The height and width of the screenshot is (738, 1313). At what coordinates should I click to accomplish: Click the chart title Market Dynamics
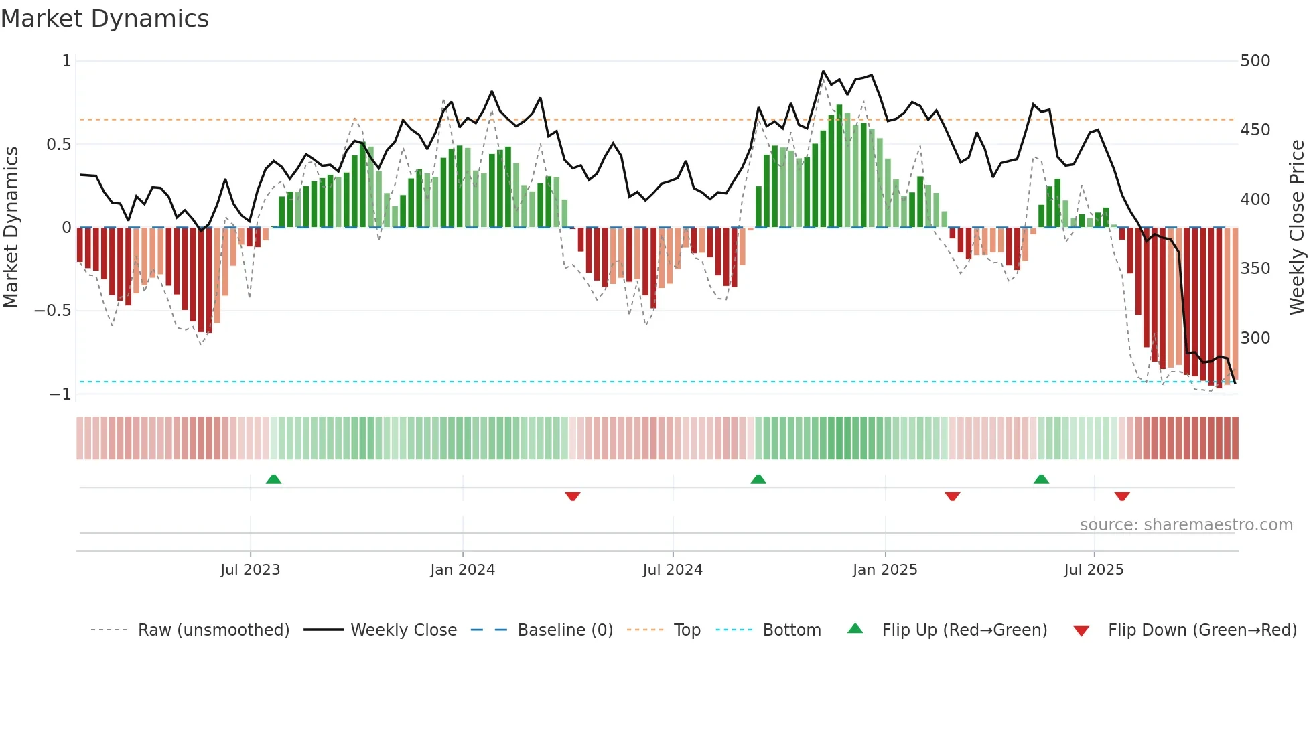105,19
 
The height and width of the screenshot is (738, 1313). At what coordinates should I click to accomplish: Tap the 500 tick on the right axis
1255,61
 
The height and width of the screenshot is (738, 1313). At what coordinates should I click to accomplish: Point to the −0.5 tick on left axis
52,311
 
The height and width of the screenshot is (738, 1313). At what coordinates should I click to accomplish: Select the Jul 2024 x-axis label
673,570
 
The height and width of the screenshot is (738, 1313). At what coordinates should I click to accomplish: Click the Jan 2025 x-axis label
884,570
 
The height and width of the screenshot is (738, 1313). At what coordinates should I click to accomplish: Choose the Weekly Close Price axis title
1297,228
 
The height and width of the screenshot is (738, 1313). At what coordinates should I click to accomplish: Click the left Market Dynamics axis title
11,228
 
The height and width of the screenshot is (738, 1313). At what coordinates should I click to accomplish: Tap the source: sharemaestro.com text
1186,525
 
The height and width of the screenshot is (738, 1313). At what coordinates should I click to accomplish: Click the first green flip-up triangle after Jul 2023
273,479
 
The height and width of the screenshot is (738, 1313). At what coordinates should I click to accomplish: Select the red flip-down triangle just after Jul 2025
1122,496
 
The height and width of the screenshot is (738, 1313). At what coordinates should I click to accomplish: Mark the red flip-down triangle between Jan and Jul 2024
572,496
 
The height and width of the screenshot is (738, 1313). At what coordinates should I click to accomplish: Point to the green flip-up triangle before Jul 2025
1041,479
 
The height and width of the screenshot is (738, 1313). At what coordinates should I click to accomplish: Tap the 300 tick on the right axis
1255,338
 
